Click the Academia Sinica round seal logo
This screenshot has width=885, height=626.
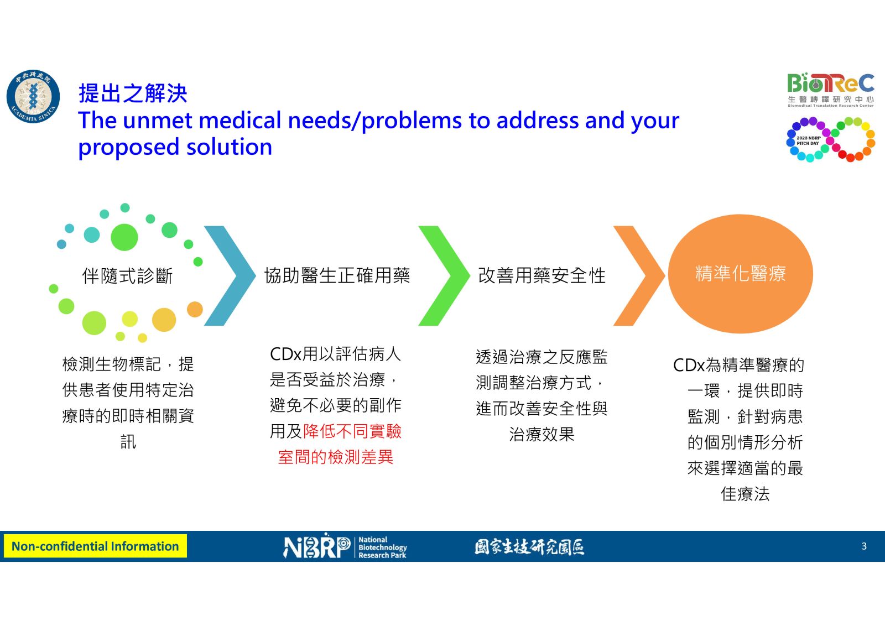[x=33, y=96]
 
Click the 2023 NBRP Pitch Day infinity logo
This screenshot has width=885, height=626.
[x=830, y=139]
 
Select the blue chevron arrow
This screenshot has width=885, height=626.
[x=230, y=276]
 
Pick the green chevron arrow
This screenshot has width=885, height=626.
[x=444, y=276]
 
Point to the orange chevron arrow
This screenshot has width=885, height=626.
[x=639, y=276]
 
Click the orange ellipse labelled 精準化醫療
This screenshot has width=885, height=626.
[x=741, y=274]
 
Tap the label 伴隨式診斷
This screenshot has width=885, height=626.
[x=127, y=276]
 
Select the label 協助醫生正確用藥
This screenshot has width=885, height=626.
[x=337, y=275]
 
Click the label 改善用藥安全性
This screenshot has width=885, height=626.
[x=542, y=275]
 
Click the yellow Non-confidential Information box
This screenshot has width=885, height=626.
[x=95, y=546]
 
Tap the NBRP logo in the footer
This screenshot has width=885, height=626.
[x=316, y=546]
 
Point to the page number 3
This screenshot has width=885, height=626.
[x=864, y=546]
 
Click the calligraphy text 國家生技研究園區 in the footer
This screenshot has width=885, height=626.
[x=529, y=547]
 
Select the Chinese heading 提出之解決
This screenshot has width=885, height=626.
[x=133, y=93]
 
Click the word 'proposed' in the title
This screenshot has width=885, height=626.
[x=129, y=148]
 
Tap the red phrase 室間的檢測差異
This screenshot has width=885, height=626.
[x=335, y=457]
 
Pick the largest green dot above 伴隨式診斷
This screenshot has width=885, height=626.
[x=124, y=237]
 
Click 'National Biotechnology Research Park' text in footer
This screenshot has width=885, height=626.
[x=382, y=547]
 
